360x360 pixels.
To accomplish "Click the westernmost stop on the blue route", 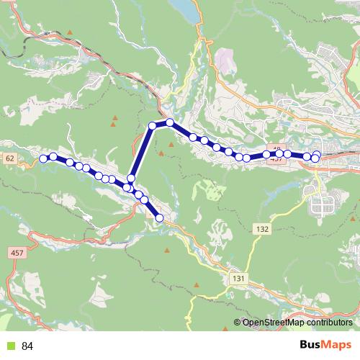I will (x=43, y=158).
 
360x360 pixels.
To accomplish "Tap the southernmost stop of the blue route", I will (x=159, y=217).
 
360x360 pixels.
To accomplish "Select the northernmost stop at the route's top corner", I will (x=170, y=122).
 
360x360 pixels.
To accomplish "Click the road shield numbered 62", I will (x=9, y=158).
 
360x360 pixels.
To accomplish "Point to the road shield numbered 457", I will (x=17, y=253).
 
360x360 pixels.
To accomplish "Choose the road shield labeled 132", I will (x=261, y=229).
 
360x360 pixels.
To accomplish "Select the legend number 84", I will (x=27, y=346).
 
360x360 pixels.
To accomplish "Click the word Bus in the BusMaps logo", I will (x=312, y=346).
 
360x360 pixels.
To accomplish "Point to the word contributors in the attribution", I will (x=330, y=323).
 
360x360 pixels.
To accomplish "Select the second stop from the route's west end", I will (x=53, y=157).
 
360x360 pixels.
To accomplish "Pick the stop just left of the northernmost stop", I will (x=153, y=126).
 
